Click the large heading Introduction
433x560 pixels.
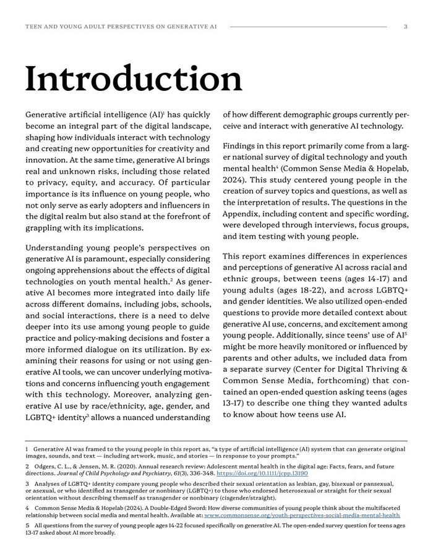tap(133, 80)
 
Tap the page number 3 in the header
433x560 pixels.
tap(405, 27)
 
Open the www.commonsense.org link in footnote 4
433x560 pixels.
tap(302, 515)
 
